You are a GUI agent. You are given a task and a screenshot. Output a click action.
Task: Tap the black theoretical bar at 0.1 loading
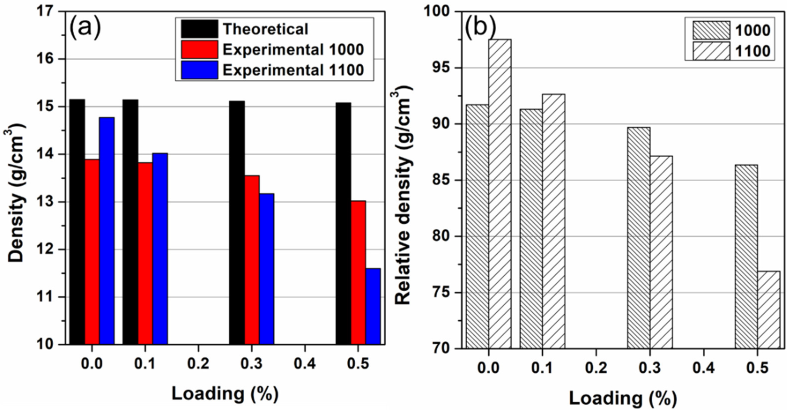coord(130,221)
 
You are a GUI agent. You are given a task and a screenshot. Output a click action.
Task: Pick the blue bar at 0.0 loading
coord(107,231)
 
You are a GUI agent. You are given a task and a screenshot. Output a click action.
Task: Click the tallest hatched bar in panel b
coord(500,194)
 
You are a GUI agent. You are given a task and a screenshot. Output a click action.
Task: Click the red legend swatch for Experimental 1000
coord(199,49)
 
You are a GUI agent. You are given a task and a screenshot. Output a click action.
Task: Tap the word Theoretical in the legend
coord(265,29)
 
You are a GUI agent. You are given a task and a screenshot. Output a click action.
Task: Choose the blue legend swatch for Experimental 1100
coord(199,70)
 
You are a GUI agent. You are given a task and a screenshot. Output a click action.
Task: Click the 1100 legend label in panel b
coord(753,51)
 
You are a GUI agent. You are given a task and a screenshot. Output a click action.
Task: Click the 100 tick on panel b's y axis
coord(437,12)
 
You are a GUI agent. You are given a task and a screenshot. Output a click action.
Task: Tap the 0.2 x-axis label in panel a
coord(198,364)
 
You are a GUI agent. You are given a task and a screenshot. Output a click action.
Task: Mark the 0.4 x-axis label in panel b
coord(704,368)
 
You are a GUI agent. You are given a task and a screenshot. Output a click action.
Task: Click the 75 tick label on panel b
coord(441,292)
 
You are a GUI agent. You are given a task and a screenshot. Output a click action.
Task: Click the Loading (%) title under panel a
coord(225,394)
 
